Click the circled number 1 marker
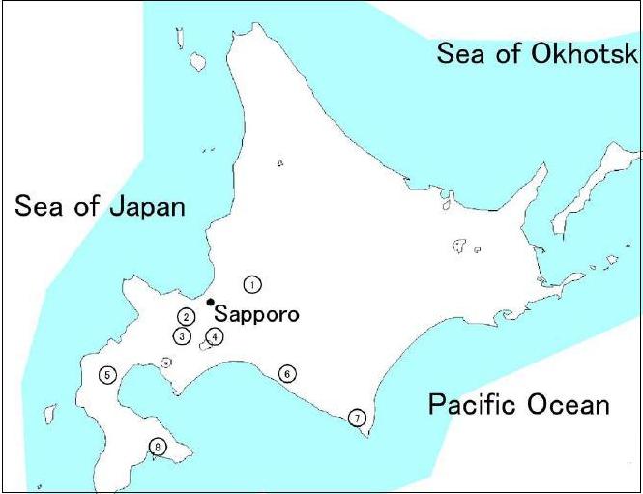[252, 284]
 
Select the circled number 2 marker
[186, 316]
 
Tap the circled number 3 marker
[181, 336]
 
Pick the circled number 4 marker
[215, 336]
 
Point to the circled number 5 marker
[106, 375]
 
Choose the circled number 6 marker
[286, 373]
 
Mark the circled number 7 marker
[357, 418]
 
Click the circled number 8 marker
[158, 447]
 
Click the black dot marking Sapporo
[211, 302]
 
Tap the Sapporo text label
[256, 314]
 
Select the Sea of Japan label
[99, 206]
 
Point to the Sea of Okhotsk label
[537, 53]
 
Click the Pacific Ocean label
[518, 404]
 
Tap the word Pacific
[470, 404]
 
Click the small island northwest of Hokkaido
[198, 63]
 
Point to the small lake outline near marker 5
[166, 363]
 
